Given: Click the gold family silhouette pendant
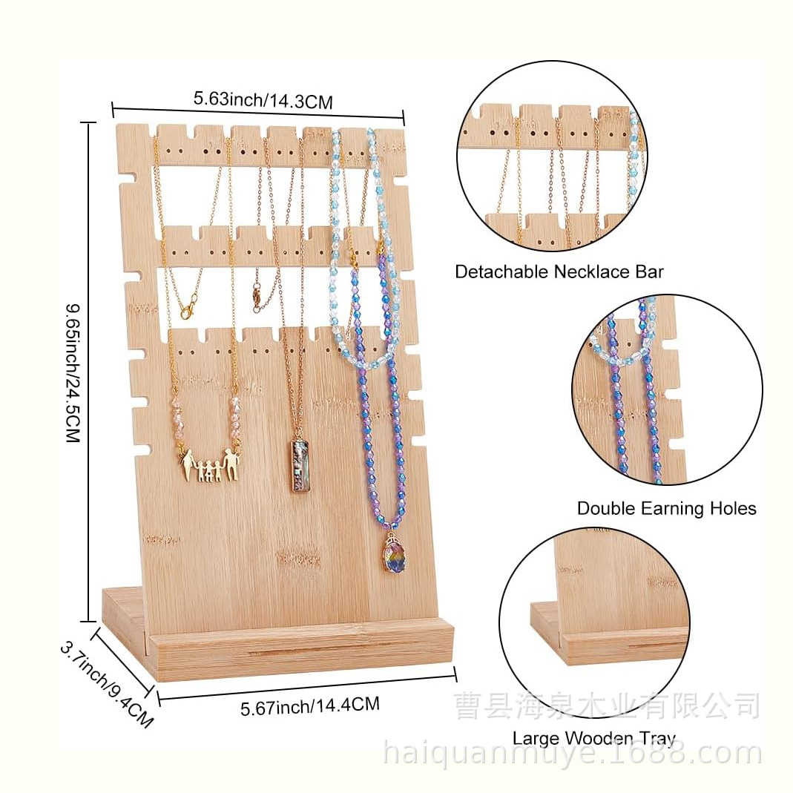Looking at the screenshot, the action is tap(211, 465).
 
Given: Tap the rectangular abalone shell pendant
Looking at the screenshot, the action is tap(300, 465).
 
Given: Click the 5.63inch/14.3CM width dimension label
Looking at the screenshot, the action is tap(263, 99).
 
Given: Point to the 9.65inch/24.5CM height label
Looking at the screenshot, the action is tap(73, 372).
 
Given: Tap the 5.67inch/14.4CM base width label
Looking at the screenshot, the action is tap(309, 705).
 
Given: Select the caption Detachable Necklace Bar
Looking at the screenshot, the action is tap(559, 272).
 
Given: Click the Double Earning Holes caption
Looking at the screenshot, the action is tap(666, 508).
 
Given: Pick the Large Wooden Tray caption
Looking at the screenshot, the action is tap(593, 738).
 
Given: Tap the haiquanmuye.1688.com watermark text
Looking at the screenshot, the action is tap(572, 754).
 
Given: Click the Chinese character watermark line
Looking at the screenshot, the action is tap(606, 705).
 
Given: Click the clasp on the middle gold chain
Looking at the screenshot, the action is tap(257, 297).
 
